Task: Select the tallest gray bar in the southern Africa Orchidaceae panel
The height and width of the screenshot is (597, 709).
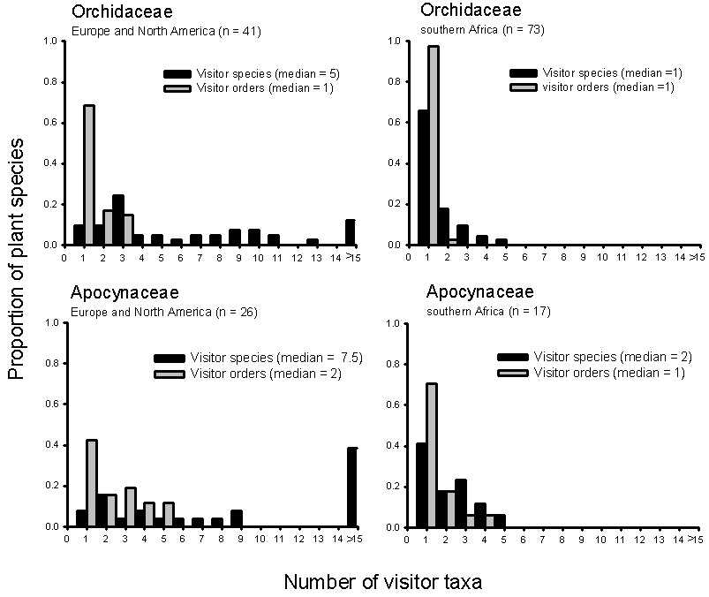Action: coord(434,146)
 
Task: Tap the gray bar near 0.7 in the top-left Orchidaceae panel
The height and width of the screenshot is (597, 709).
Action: coord(89,175)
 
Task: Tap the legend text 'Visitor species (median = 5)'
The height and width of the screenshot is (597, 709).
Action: coord(264,73)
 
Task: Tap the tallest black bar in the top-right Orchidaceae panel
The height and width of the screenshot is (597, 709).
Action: coord(423,178)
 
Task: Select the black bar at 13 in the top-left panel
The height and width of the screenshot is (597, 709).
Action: coord(313,242)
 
